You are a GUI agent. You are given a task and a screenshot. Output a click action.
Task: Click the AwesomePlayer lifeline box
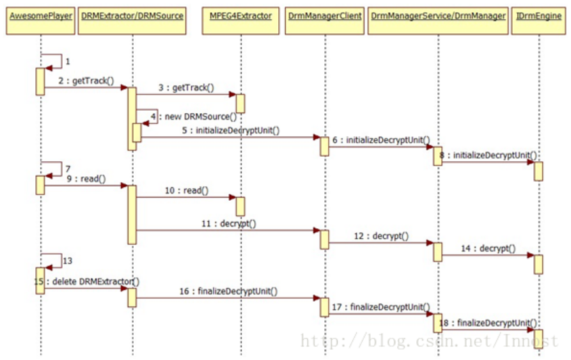click(39, 16)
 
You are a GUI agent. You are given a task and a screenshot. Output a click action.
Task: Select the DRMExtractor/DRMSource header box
click(132, 16)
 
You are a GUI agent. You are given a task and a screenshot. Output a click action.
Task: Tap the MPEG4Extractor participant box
click(240, 16)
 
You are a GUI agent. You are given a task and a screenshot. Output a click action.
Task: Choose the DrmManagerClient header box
click(324, 16)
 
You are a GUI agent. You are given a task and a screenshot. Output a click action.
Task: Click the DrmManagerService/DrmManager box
click(438, 16)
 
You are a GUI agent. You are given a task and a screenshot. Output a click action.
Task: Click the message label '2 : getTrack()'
click(86, 81)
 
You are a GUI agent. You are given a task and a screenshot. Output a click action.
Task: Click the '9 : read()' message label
click(84, 179)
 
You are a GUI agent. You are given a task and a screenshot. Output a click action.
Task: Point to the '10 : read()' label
click(187, 190)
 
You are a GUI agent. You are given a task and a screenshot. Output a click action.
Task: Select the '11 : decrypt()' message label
click(228, 223)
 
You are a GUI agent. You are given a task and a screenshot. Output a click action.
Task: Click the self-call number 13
click(68, 260)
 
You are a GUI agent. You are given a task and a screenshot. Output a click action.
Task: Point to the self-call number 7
click(68, 168)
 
